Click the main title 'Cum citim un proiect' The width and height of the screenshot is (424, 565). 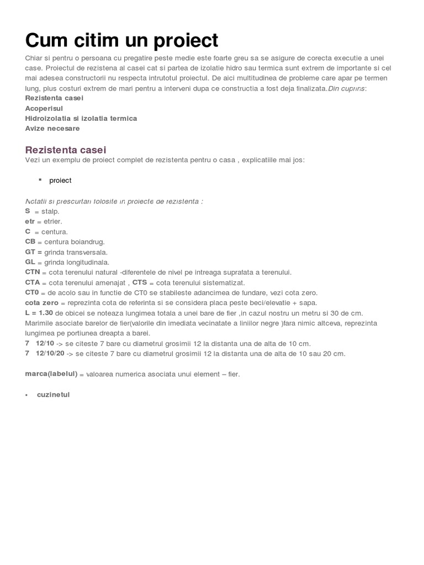point(121,40)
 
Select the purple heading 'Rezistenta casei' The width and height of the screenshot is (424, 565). point(66,150)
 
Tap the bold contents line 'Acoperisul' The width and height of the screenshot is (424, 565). point(44,109)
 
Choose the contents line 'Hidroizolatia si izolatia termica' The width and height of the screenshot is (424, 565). point(81,119)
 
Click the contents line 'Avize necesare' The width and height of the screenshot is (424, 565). point(52,129)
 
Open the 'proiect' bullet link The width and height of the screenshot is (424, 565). point(60,180)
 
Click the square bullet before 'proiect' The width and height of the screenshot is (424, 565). point(40,179)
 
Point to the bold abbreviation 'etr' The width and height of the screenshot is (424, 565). point(30,221)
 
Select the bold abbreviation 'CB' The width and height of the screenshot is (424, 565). point(30,242)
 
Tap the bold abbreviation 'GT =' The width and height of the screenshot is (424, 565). point(34,252)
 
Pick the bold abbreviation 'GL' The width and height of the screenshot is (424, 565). point(30,262)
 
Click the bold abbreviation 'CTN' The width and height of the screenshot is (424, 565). point(33,272)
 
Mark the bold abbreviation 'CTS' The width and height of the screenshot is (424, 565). point(140,282)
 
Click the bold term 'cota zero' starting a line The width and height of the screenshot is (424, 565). point(42,303)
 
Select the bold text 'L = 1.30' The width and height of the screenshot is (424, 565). point(39,313)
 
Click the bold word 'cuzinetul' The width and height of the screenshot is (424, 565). point(54,395)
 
